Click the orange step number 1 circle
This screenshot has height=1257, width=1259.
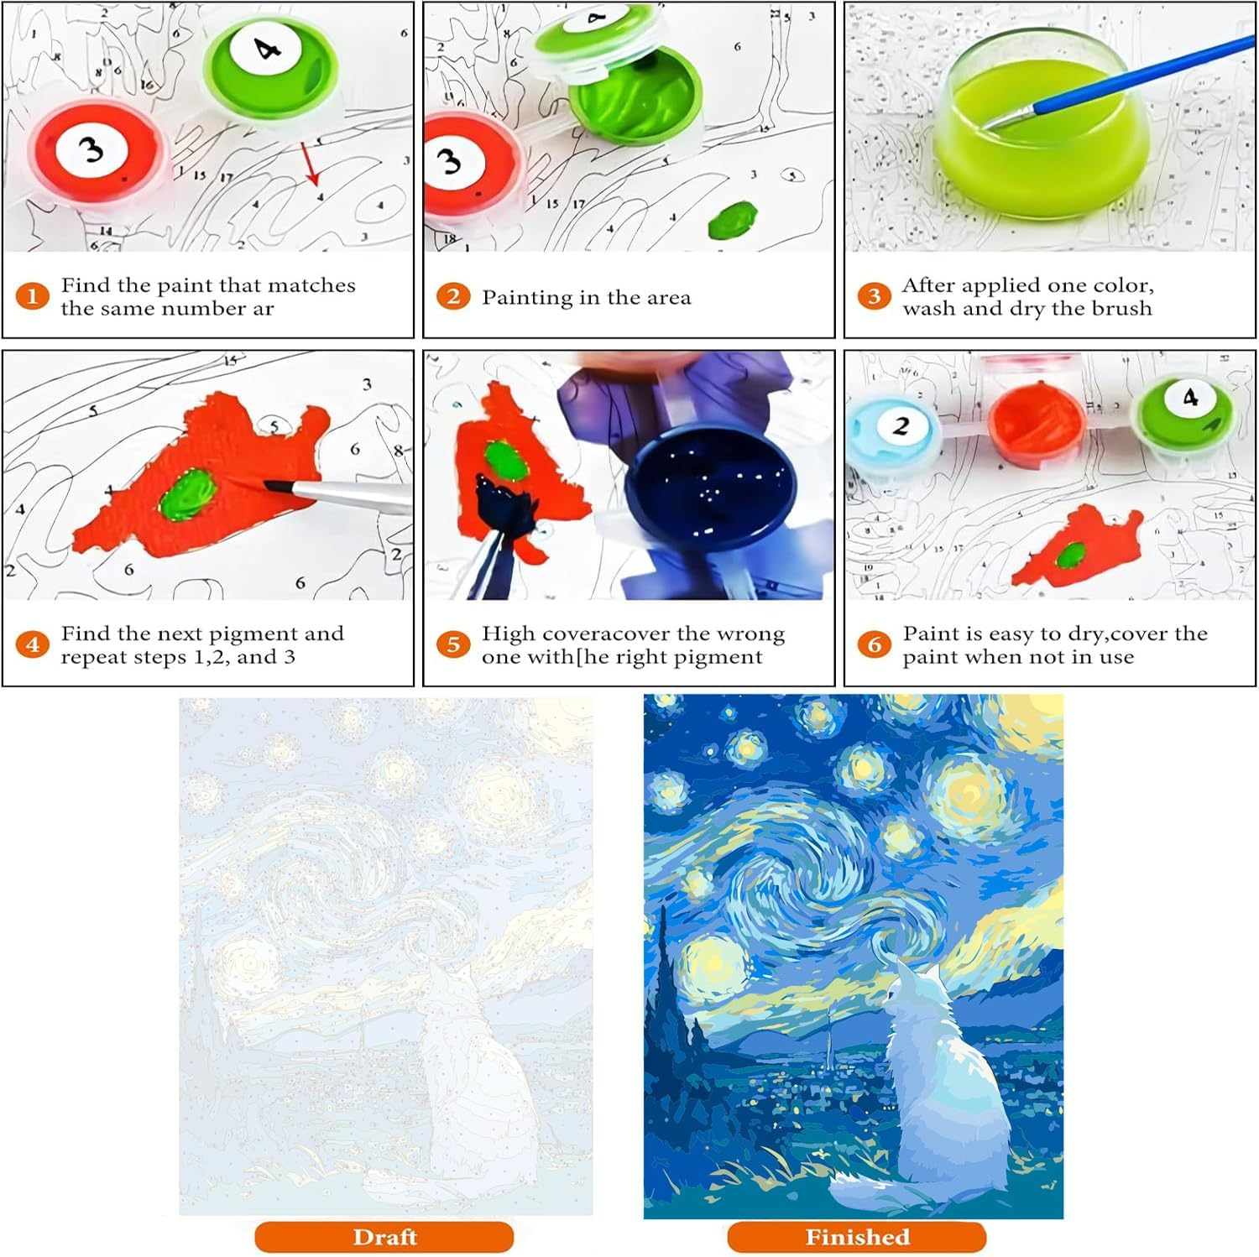(x=33, y=296)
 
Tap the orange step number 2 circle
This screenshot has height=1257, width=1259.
(x=453, y=296)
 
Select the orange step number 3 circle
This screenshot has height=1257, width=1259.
(x=874, y=296)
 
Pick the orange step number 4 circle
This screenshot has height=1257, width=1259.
(x=33, y=644)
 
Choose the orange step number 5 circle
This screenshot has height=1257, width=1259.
(x=453, y=644)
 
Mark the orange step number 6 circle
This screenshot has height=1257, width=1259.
(x=874, y=644)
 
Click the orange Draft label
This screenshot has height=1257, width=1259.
(x=384, y=1237)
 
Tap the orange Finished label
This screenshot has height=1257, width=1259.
(x=857, y=1237)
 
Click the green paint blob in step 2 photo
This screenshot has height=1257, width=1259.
(x=732, y=220)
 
